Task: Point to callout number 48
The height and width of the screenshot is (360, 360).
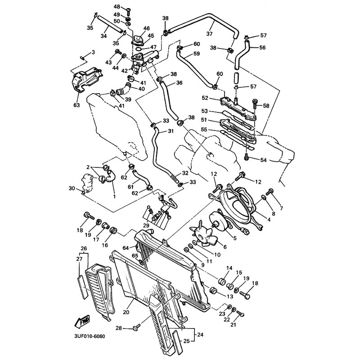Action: [x=117, y=7]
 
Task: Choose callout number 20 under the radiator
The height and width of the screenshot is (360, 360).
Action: [x=126, y=311]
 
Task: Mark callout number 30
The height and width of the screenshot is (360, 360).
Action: [x=71, y=188]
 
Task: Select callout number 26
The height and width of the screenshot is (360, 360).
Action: [x=83, y=249]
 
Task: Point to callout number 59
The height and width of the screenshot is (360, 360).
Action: [x=196, y=54]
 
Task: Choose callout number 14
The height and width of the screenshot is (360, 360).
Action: [x=229, y=269]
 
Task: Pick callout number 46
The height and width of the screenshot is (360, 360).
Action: [x=146, y=28]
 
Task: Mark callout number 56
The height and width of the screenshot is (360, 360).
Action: [x=263, y=47]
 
